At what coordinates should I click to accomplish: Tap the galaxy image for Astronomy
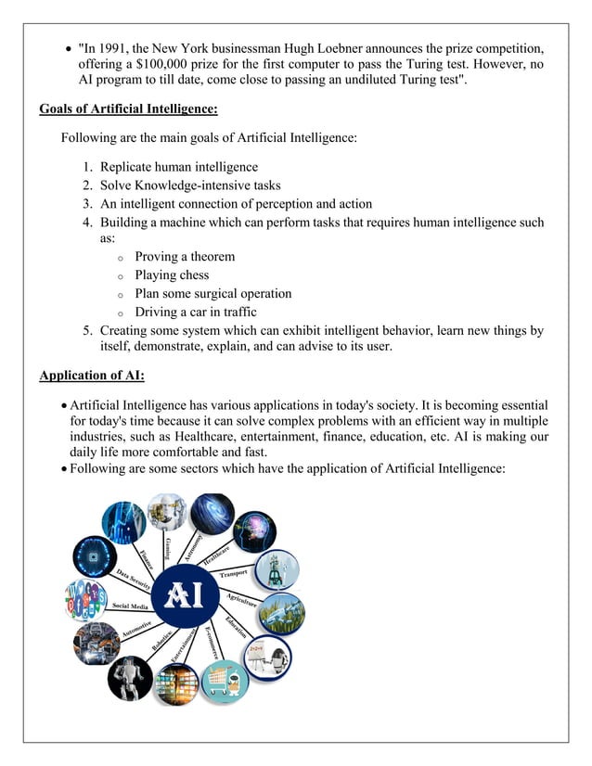(x=212, y=513)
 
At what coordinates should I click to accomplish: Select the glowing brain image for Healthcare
(x=253, y=532)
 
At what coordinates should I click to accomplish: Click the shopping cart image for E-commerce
(x=225, y=682)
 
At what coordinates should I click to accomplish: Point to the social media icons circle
(x=85, y=599)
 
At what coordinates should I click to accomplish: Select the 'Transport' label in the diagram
(x=235, y=575)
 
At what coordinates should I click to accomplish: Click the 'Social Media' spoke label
(x=131, y=606)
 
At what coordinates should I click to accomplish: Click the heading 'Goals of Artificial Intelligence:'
(x=128, y=109)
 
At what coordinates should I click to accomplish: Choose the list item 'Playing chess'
(x=172, y=275)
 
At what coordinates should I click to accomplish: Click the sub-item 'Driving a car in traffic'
(x=196, y=313)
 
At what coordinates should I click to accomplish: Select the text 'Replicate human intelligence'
(x=179, y=167)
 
